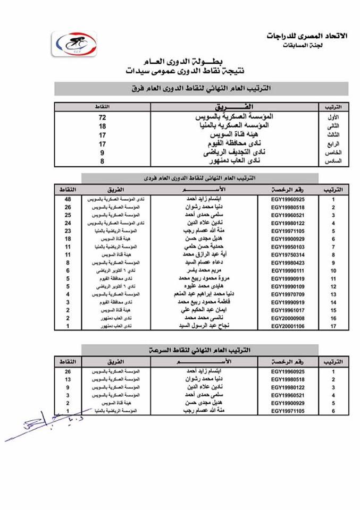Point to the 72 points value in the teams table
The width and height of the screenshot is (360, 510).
pyautogui.click(x=102, y=116)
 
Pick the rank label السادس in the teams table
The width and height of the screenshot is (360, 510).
pyautogui.click(x=336, y=161)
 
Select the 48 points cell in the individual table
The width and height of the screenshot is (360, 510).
pyautogui.click(x=69, y=198)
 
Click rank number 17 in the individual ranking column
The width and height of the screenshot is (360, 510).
pyautogui.click(x=333, y=326)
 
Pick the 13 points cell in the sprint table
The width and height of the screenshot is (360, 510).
pyautogui.click(x=69, y=380)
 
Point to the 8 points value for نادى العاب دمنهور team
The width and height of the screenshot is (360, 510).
pyautogui.click(x=102, y=161)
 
